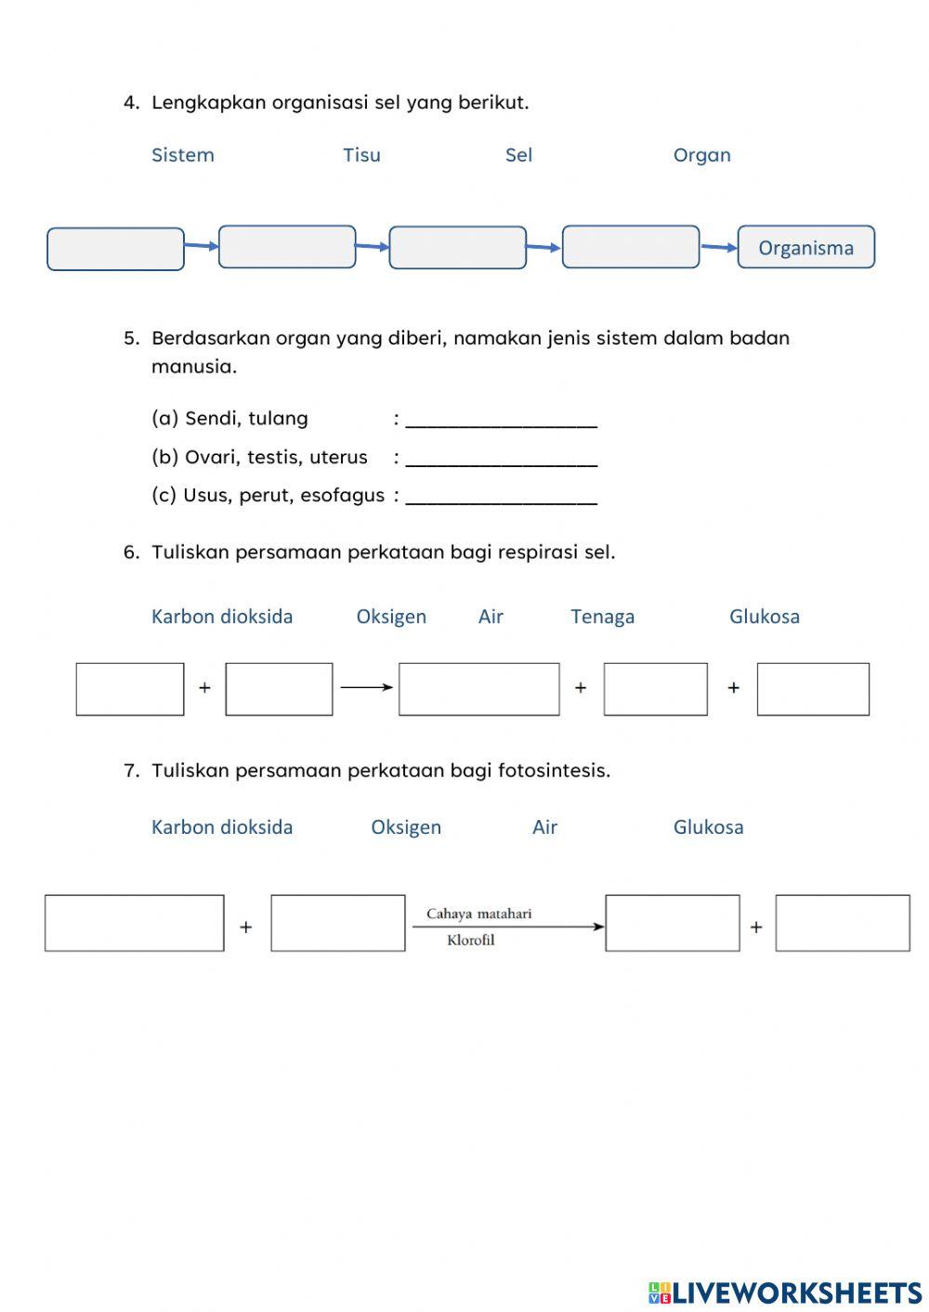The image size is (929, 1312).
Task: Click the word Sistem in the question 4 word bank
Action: click(183, 155)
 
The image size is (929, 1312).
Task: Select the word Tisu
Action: click(361, 155)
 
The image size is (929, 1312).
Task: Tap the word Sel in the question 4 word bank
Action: click(518, 155)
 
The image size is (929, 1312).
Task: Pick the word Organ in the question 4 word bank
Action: click(701, 155)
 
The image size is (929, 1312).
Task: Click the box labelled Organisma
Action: click(805, 247)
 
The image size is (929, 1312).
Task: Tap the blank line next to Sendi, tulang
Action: click(502, 420)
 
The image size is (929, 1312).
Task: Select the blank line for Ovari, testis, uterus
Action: click(502, 459)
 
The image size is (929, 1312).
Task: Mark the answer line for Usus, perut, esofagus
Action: click(502, 497)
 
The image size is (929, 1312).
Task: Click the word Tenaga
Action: click(602, 617)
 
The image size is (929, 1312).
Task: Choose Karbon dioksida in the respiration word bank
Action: click(222, 617)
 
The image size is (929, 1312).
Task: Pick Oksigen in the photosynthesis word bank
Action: click(406, 827)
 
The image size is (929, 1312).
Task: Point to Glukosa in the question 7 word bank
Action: click(708, 827)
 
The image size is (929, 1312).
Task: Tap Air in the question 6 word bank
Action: click(491, 617)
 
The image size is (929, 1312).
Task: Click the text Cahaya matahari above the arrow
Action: click(478, 914)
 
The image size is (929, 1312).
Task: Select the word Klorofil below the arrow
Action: click(470, 940)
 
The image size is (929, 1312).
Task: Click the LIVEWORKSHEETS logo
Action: click(785, 1292)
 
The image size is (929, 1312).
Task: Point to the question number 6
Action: click(130, 552)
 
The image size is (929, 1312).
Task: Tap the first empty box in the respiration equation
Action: click(130, 689)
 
